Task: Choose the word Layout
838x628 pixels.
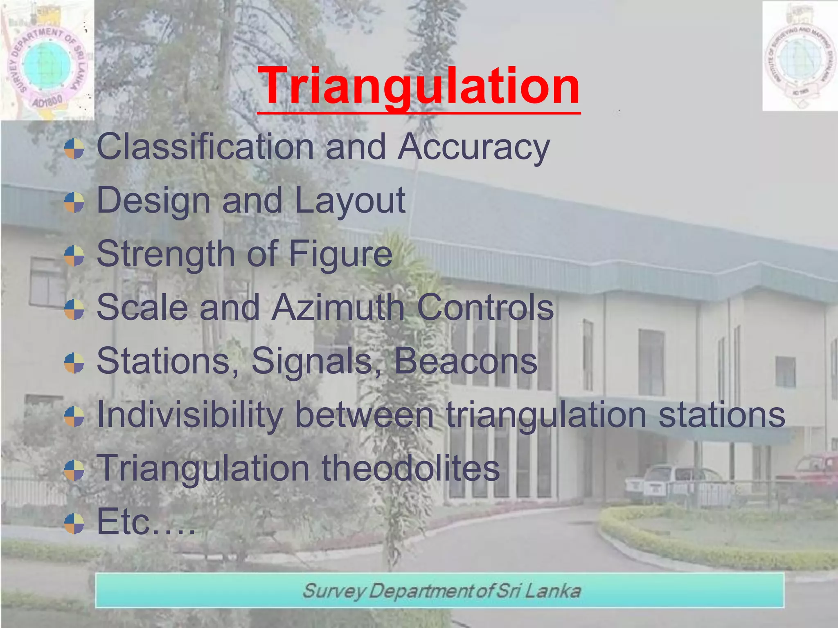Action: click(x=350, y=200)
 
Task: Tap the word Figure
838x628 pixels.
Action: click(x=340, y=254)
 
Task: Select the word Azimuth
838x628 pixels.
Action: click(x=338, y=307)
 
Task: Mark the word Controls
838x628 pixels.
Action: click(x=485, y=307)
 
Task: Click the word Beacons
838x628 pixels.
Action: click(x=465, y=361)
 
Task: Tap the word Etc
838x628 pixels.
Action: click(x=123, y=522)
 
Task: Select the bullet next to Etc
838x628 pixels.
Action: click(x=74, y=524)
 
